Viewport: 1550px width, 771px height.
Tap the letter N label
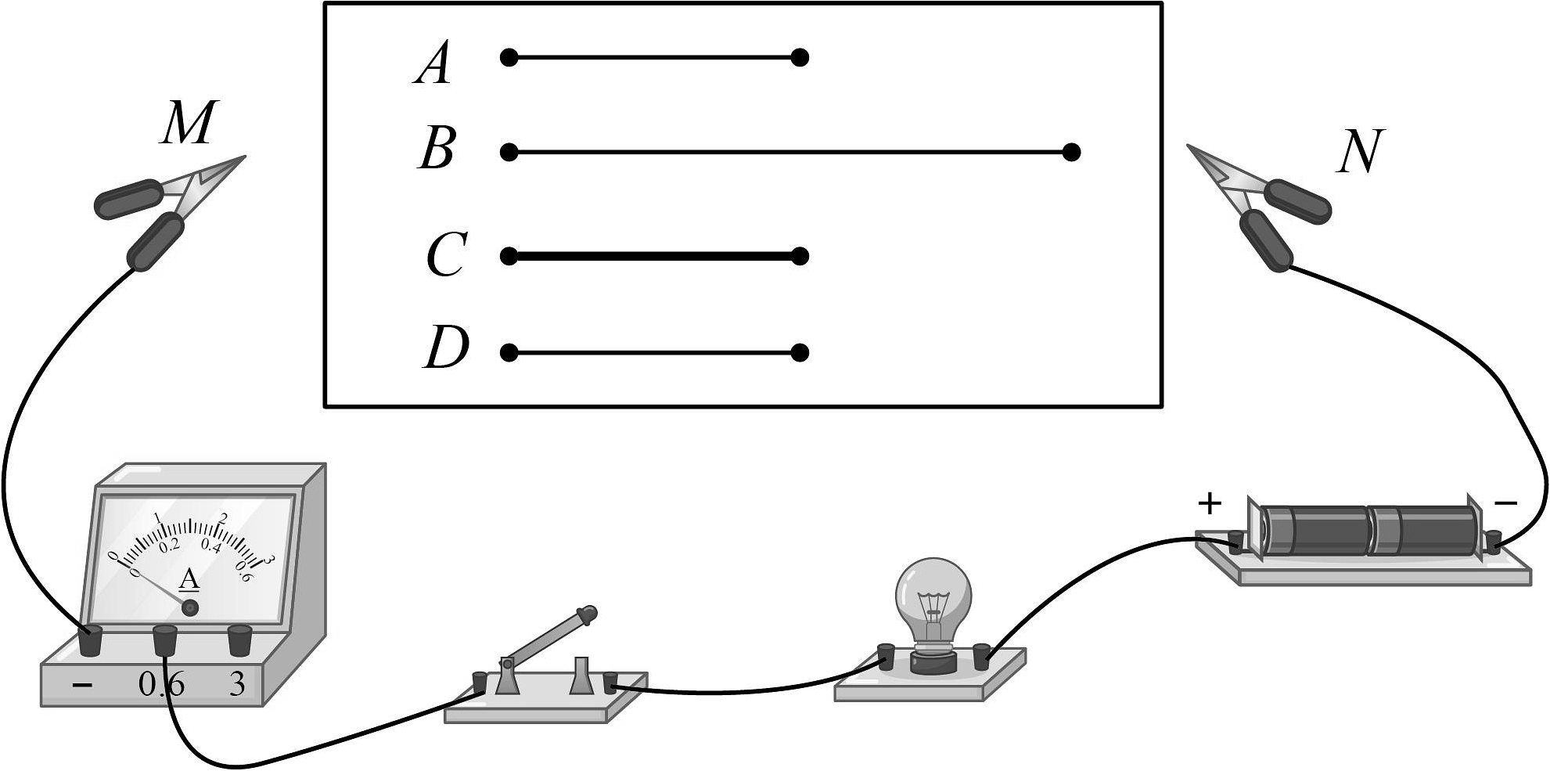tap(1360, 151)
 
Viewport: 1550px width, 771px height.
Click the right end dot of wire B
tap(1072, 152)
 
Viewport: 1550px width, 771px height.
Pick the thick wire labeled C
tap(654, 256)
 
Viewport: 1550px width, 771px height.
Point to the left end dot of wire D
tap(509, 353)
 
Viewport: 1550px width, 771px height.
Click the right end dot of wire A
tap(799, 57)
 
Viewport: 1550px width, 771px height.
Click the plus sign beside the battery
tap(1209, 503)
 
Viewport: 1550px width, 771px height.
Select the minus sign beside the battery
tap(1505, 503)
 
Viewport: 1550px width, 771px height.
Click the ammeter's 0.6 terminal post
tap(164, 639)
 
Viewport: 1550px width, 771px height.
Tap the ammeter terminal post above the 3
tap(239, 639)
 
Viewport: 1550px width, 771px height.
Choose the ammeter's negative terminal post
tap(91, 641)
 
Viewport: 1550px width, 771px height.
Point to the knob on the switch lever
tap(587, 613)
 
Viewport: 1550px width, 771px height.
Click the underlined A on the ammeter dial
tap(189, 580)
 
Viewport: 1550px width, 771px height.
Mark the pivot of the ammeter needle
tap(190, 607)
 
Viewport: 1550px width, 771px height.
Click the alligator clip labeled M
tap(168, 209)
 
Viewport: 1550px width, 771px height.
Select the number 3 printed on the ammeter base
tap(236, 685)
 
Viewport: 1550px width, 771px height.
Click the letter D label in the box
tap(446, 348)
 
